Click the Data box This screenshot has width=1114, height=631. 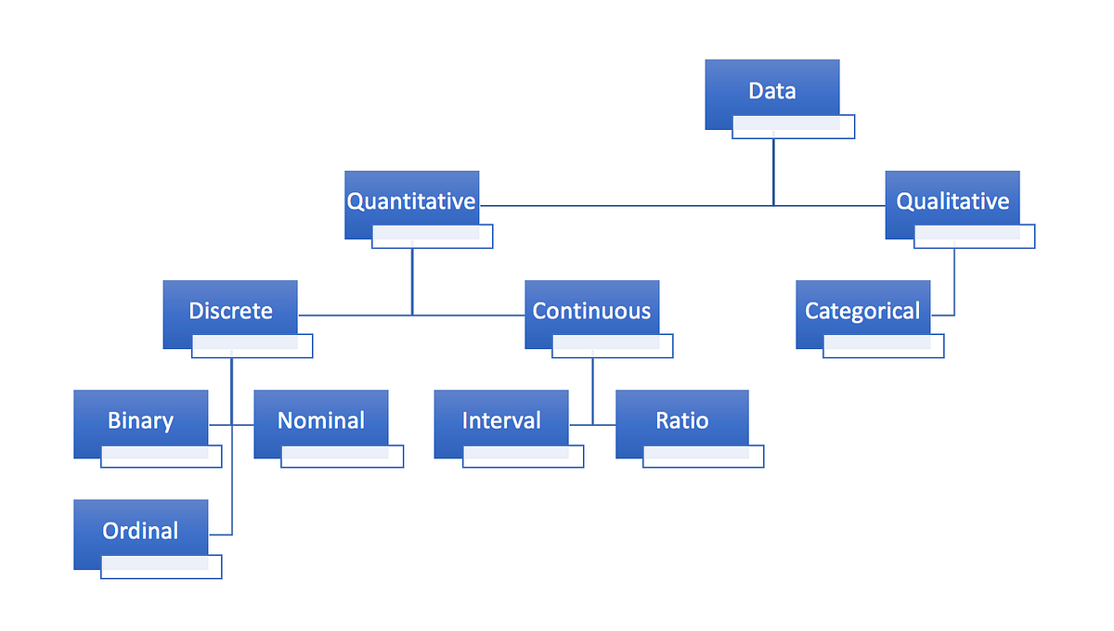[x=771, y=90]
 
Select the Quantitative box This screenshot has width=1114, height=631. [x=411, y=200]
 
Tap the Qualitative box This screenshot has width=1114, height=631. [x=952, y=200]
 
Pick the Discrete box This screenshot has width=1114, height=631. [x=230, y=310]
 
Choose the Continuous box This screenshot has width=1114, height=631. [x=591, y=310]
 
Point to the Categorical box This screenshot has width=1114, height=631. [x=862, y=310]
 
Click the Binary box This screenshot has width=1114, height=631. [x=140, y=419]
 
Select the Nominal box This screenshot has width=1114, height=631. [x=320, y=419]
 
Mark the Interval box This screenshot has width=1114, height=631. [x=501, y=419]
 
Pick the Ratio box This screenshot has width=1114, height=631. [x=681, y=419]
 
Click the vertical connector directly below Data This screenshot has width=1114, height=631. [x=773, y=172]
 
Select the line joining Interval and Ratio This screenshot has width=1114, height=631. [x=592, y=425]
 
